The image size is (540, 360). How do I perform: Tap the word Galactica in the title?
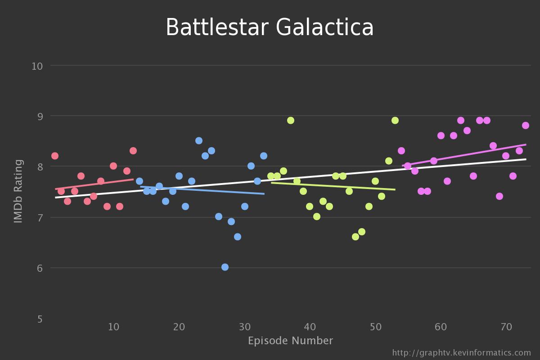(x=324, y=28)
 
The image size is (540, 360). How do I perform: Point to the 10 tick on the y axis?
(x=37, y=66)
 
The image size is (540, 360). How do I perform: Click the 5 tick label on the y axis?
(x=40, y=319)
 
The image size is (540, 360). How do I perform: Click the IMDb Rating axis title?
(x=18, y=191)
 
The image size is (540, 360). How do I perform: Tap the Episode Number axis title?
(x=290, y=341)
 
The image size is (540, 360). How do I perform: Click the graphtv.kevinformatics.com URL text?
(x=461, y=353)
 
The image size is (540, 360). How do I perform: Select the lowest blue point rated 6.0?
(x=225, y=267)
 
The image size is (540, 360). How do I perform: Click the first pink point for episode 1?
(x=55, y=156)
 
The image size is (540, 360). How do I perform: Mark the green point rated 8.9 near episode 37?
(x=291, y=120)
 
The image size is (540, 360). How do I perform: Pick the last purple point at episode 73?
(x=526, y=126)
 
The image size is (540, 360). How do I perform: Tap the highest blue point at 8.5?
(x=199, y=141)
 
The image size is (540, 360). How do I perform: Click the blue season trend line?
(x=202, y=190)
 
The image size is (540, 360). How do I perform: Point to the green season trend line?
(x=333, y=186)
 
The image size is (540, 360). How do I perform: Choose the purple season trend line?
(x=463, y=155)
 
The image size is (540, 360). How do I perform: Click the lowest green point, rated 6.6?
(x=355, y=237)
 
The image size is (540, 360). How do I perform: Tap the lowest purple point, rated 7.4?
(x=499, y=196)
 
